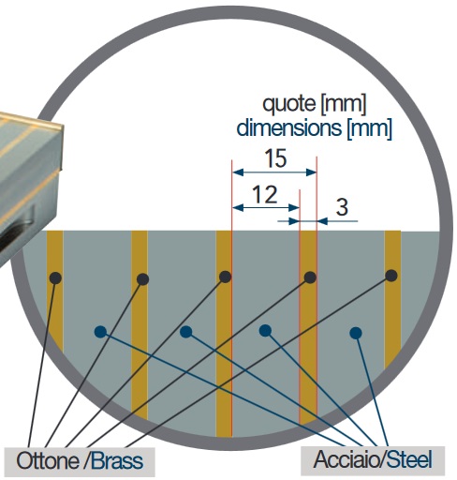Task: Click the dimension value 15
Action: [275, 158]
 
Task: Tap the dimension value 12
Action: [265, 195]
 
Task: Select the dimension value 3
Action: [342, 207]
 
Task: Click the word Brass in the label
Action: [117, 461]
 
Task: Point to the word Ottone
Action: [48, 461]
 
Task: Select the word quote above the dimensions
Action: [289, 104]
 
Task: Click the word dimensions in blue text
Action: [289, 128]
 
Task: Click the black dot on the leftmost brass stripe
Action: [55, 277]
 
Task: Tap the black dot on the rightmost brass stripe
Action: [391, 276]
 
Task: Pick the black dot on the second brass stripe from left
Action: [142, 279]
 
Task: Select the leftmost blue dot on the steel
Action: [100, 332]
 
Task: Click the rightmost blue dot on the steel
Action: [356, 333]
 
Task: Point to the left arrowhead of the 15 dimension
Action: [238, 172]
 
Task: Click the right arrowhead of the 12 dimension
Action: [294, 207]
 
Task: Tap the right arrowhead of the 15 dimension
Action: [311, 172]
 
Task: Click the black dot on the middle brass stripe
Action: [225, 277]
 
